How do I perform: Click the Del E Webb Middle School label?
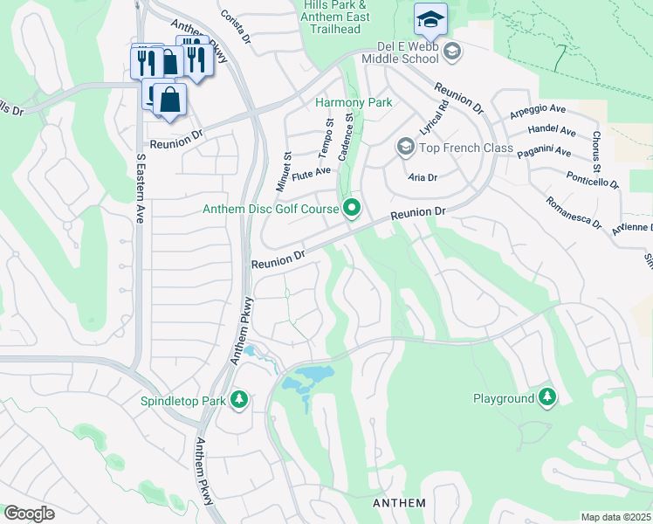[x=395, y=52]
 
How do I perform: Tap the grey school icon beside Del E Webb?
[x=452, y=52]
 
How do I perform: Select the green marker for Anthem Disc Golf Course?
[x=353, y=208]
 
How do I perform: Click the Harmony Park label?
[x=353, y=102]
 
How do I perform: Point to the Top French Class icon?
[x=405, y=147]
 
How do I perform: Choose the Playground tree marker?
[x=547, y=398]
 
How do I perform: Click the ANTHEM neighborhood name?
[x=399, y=503]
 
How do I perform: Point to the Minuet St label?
[x=286, y=166]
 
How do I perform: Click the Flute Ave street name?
[x=312, y=172]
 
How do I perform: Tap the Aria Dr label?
[x=422, y=176]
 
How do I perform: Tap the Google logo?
[x=29, y=514]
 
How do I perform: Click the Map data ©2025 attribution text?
[x=615, y=517]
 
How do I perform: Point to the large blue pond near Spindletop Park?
[x=309, y=379]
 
